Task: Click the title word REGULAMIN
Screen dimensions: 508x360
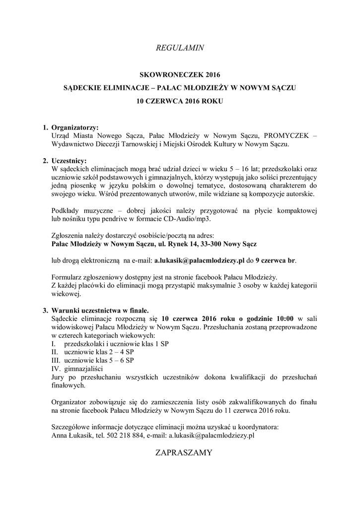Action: (180, 48)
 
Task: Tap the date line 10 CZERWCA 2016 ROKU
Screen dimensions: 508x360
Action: (180, 101)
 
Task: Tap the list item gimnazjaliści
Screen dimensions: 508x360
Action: (83, 369)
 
